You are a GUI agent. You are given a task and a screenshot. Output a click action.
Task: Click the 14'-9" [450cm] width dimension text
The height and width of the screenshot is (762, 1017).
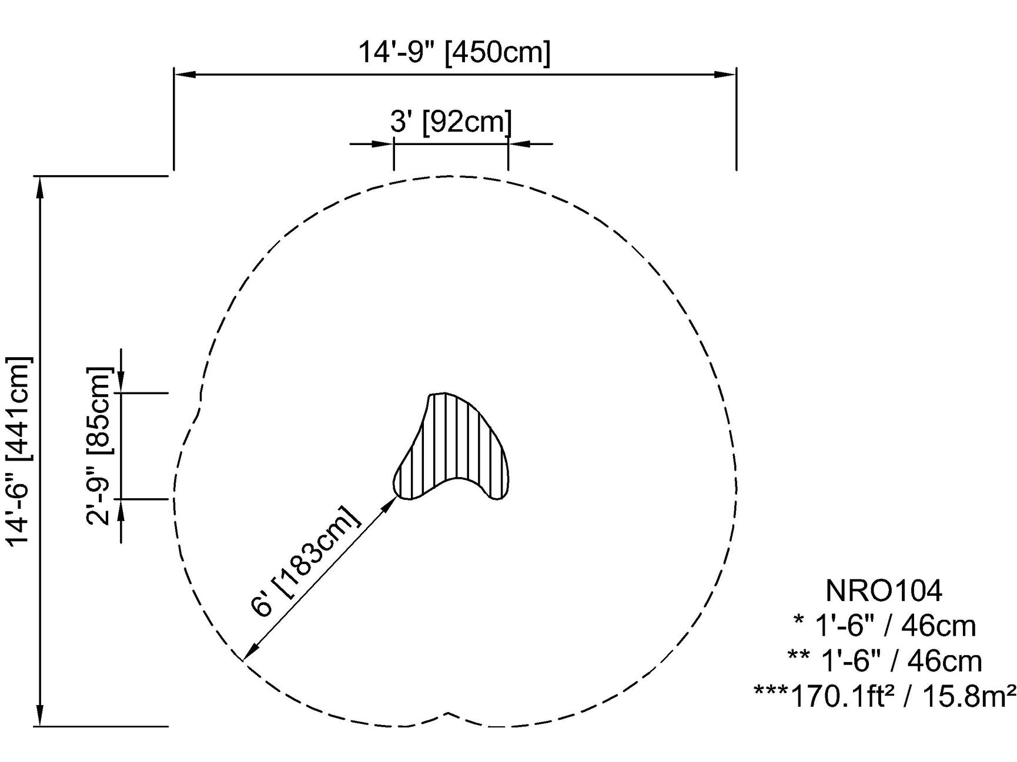coord(454,52)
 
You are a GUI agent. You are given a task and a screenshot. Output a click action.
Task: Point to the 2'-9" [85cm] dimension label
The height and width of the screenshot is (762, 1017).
coord(98,446)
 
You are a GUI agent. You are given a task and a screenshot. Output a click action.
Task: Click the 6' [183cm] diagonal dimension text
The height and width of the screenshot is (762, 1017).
coord(305,560)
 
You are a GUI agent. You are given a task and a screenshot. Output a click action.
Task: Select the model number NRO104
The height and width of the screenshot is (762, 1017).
coord(884,590)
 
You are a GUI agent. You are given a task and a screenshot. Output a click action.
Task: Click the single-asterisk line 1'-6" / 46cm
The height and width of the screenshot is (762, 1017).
coord(884,626)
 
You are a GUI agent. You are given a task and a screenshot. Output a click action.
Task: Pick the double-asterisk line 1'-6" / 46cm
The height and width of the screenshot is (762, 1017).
coord(884,661)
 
